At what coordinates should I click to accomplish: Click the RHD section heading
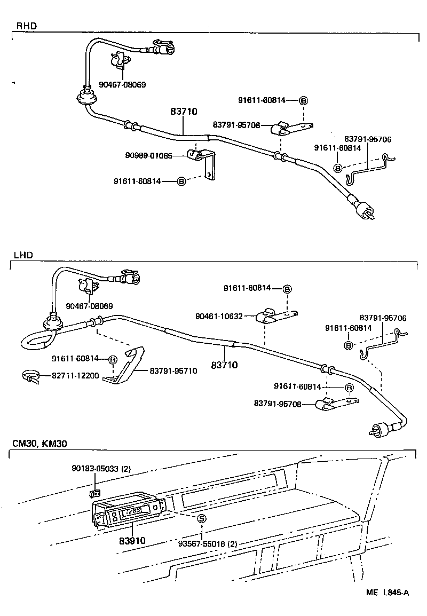click(x=27, y=26)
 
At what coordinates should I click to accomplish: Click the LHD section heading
click(x=25, y=255)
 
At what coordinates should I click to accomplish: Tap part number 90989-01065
click(x=149, y=155)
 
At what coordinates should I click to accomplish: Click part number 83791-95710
click(x=173, y=370)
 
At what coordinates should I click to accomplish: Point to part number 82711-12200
click(x=75, y=375)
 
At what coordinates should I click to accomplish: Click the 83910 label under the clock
click(x=132, y=540)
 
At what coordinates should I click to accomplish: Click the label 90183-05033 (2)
click(x=101, y=469)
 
